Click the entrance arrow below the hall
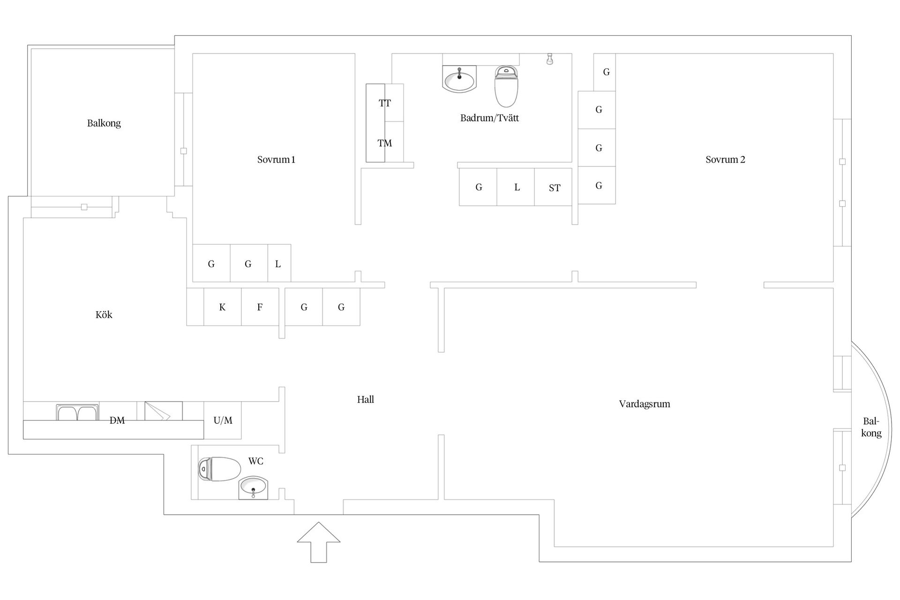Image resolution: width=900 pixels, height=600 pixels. pos(319,542)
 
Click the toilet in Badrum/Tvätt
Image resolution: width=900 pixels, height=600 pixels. pos(506,86)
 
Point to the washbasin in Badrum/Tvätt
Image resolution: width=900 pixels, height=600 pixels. pos(459,79)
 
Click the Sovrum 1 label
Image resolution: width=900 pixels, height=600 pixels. pos(276,159)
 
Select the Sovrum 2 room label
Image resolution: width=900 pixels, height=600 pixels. pos(725,159)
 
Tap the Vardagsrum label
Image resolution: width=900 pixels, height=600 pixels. pos(645,404)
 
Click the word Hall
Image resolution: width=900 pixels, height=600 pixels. pos(366,399)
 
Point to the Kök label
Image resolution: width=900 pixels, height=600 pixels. pos(104,315)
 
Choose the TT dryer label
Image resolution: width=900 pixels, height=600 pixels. pos(385,103)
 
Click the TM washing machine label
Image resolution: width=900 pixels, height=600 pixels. pos(385,143)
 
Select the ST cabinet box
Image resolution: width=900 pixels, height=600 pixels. pos(553,187)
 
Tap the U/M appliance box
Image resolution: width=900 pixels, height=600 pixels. pos(223,420)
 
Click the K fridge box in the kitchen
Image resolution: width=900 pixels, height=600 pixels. pos(223,307)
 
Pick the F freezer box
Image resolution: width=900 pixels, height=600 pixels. pos(260,307)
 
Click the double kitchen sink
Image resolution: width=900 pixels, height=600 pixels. pos(77,412)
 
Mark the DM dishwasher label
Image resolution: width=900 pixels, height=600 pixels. pos(117,420)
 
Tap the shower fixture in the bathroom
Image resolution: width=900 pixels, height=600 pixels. pos(550,59)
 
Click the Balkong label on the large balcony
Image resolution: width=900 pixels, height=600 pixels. pos(104,123)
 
